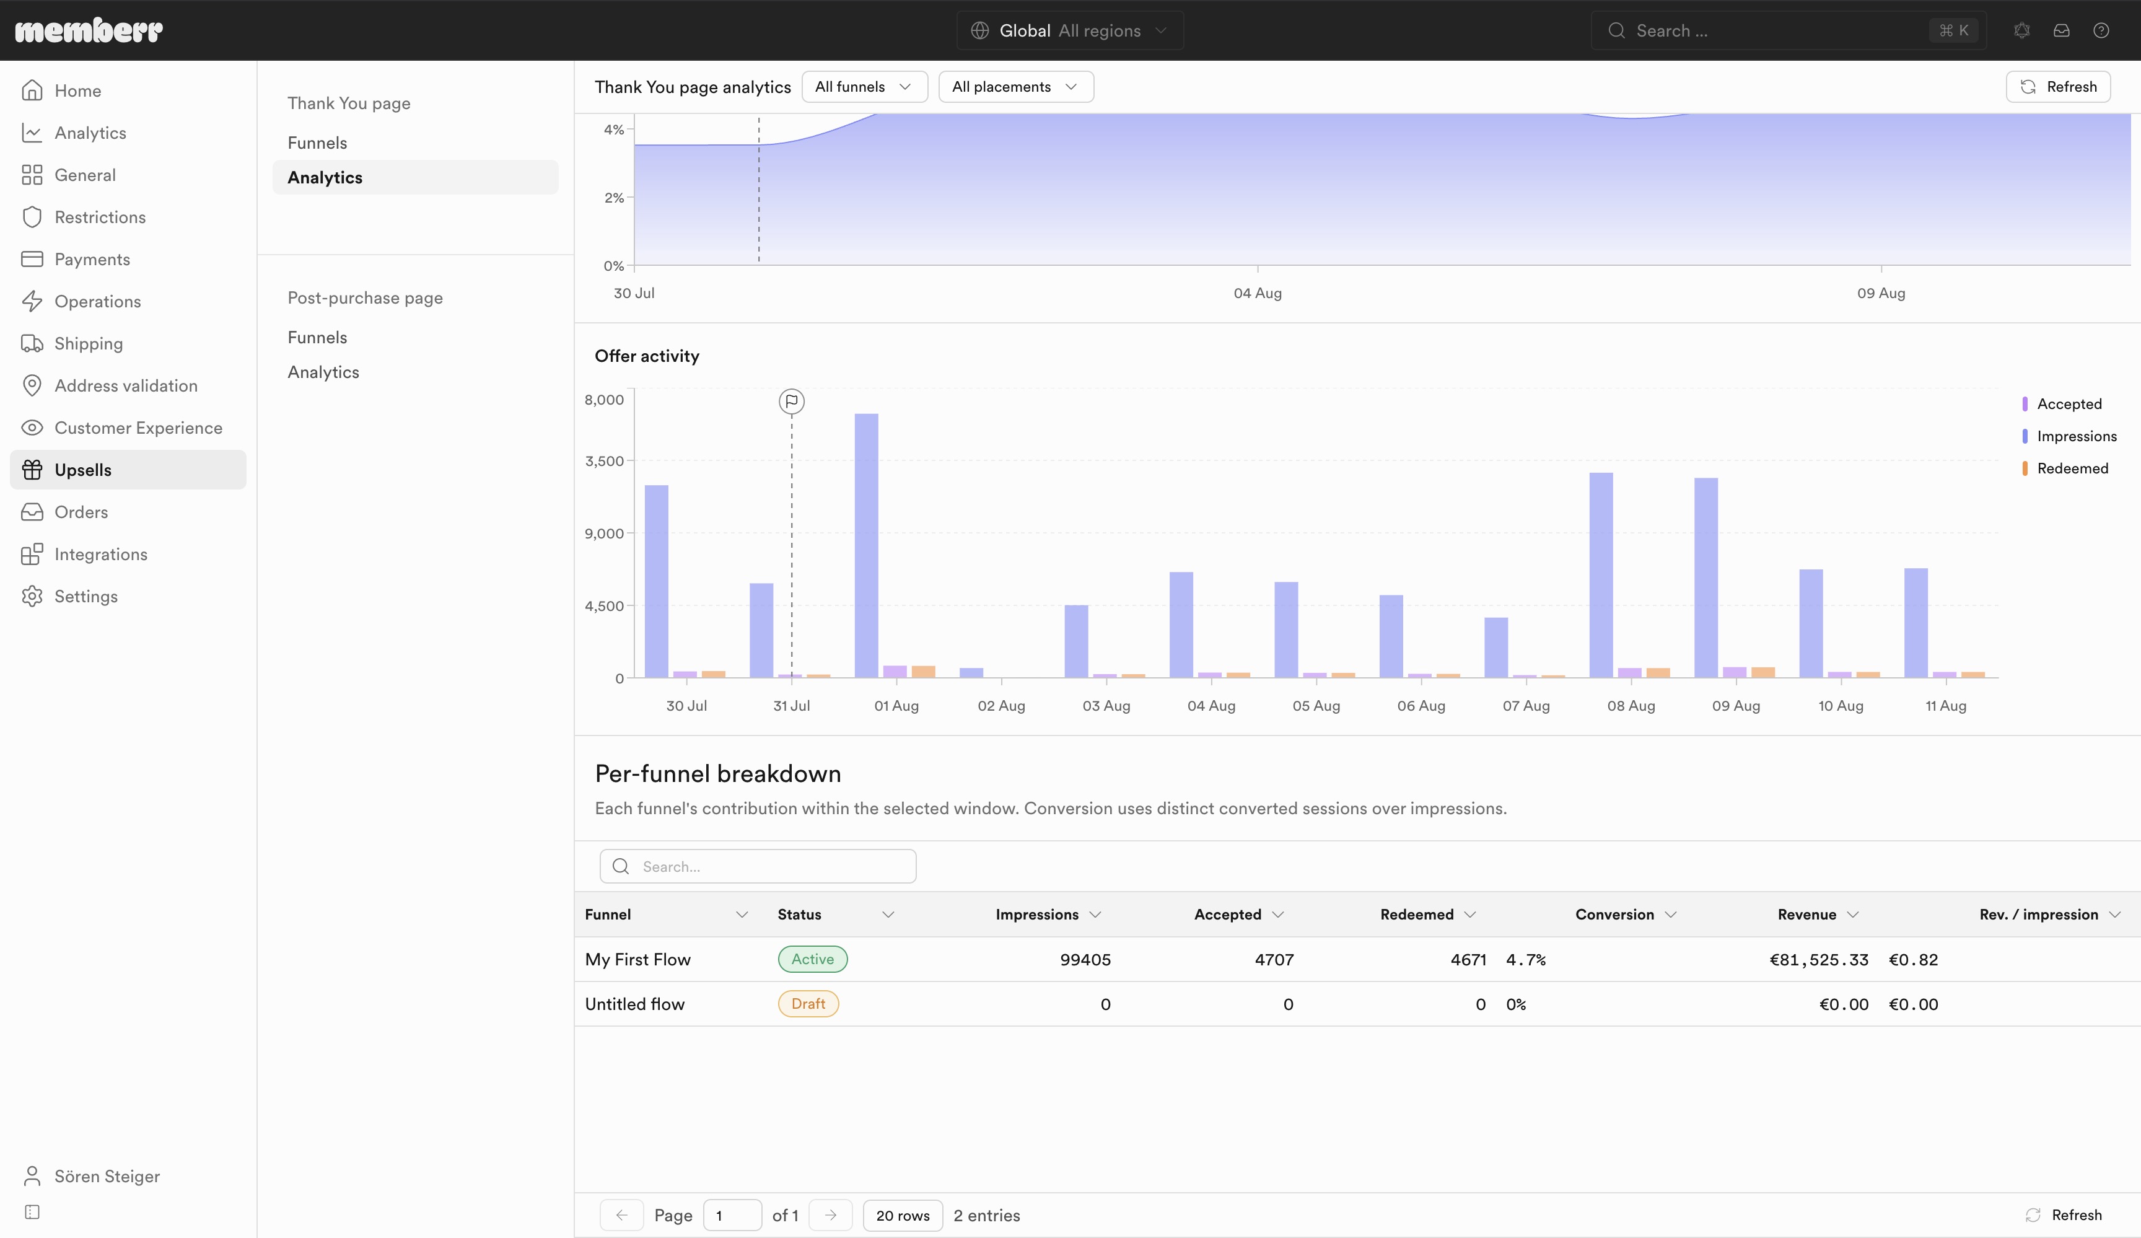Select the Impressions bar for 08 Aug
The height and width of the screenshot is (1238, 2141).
(x=1601, y=575)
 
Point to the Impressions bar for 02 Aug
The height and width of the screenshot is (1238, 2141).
(x=971, y=673)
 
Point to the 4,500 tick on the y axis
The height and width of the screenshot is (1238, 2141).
(x=604, y=606)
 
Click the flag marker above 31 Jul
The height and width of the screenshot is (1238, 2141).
(x=792, y=401)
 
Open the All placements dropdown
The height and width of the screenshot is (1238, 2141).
(x=1015, y=87)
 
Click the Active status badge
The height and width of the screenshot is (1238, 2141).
(x=812, y=959)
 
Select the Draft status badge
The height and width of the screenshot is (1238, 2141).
(x=808, y=1004)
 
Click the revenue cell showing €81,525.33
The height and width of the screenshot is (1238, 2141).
(x=1819, y=959)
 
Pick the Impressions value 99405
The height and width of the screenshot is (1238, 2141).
(x=1085, y=959)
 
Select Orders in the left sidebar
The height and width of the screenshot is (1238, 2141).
(x=81, y=512)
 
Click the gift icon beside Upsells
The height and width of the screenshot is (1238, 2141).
(x=32, y=470)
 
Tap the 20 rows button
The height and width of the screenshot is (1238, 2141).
(x=902, y=1215)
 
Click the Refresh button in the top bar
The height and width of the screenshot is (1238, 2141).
(x=2058, y=87)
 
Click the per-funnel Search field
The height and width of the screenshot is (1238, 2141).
(x=758, y=866)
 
